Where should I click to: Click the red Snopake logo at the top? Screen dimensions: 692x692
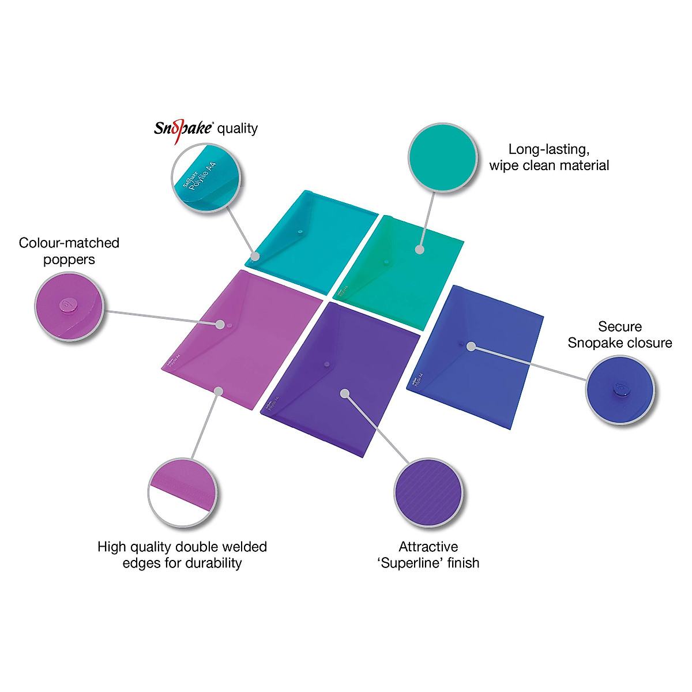(x=183, y=127)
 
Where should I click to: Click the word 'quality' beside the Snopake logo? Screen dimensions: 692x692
(x=237, y=128)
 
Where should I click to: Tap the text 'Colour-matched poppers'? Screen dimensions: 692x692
(x=69, y=251)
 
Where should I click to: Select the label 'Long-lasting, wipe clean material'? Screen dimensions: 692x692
(x=549, y=157)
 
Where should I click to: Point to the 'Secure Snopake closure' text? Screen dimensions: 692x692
(x=620, y=334)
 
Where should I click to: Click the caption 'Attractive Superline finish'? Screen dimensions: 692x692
(x=428, y=555)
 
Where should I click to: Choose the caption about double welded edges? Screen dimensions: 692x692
(x=182, y=555)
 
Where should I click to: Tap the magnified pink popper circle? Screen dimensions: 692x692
(x=69, y=304)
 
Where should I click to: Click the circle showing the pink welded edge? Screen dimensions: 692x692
(x=183, y=493)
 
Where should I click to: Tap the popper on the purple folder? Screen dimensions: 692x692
(x=327, y=364)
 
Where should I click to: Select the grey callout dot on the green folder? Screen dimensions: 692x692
(x=419, y=250)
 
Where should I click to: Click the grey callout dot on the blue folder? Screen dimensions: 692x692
(x=471, y=346)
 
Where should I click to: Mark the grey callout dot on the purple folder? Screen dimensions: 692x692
(x=345, y=393)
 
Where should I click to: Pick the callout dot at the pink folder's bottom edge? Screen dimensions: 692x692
(x=218, y=392)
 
